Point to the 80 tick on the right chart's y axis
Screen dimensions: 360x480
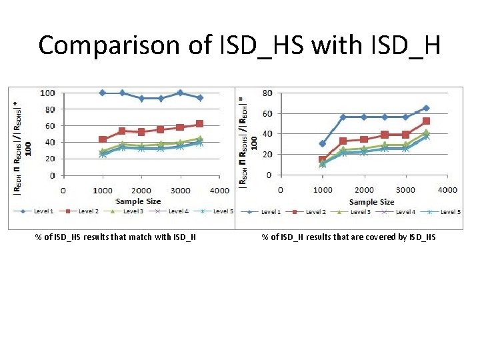(x=267, y=93)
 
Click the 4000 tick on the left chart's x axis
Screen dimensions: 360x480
(x=219, y=190)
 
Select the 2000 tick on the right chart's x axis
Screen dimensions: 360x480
(x=365, y=189)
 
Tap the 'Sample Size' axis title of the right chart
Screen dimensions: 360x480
(x=371, y=201)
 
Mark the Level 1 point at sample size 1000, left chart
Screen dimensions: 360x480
(x=102, y=93)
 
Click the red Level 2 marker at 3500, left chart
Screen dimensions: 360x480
(x=199, y=123)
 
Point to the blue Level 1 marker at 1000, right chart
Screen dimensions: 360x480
(x=323, y=143)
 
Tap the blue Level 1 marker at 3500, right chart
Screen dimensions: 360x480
(x=426, y=108)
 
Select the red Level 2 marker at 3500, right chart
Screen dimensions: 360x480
(x=426, y=121)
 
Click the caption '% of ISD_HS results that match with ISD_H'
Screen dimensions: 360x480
(x=115, y=237)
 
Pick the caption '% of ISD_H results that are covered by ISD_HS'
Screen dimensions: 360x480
(x=348, y=237)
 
